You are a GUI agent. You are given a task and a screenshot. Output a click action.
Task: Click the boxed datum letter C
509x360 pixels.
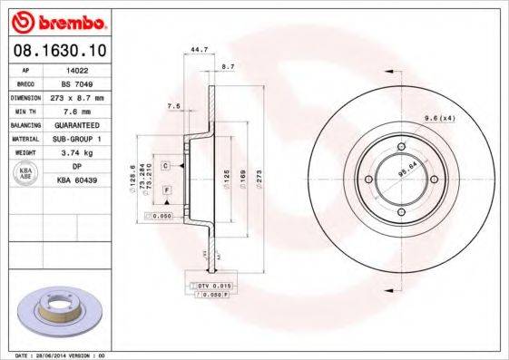pos(167,166)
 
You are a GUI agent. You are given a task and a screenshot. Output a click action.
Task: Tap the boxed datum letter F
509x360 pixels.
pos(168,189)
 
